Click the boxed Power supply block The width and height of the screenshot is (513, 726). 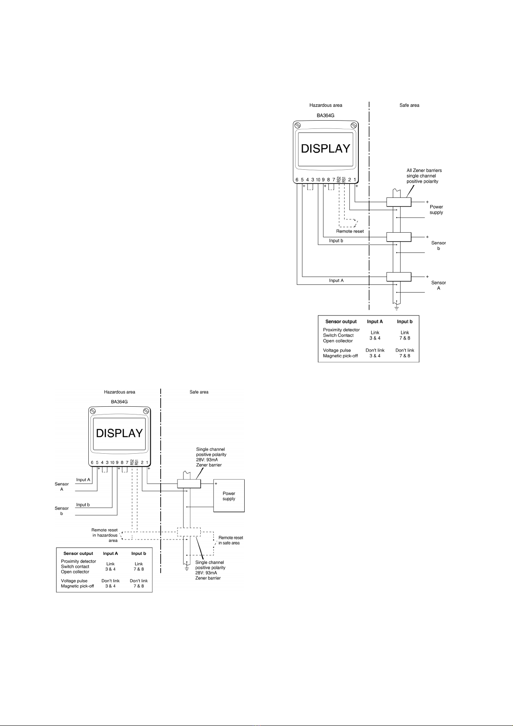229,495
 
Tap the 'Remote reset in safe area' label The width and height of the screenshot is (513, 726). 230,540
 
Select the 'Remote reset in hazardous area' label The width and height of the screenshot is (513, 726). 104,535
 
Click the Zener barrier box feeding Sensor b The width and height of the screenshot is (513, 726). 398,237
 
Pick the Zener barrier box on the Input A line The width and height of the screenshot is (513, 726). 398,277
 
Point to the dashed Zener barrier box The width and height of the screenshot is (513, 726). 189,532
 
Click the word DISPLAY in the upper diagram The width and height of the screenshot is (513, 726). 325,149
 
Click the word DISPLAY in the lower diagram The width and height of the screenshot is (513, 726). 119,433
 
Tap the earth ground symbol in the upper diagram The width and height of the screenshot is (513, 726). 396,307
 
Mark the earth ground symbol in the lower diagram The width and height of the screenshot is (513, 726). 187,568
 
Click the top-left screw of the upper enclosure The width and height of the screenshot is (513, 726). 297,125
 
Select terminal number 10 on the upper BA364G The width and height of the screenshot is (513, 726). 318,180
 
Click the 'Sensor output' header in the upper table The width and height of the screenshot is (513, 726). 341,321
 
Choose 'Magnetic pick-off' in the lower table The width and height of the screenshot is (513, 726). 78,586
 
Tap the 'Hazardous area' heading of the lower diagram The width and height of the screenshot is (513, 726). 119,392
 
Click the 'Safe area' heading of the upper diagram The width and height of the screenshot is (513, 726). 409,105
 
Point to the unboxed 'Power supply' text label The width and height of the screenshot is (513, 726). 436,209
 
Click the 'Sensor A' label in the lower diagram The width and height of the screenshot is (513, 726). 62,486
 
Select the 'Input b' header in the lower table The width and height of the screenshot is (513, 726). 139,553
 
